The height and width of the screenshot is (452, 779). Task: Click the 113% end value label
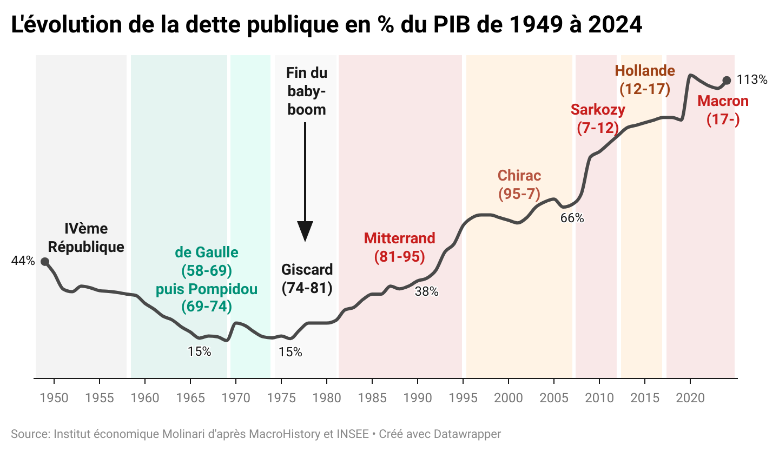[x=752, y=80]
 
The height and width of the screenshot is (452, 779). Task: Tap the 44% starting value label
[x=23, y=261]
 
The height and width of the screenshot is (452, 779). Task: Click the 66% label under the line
[x=572, y=218]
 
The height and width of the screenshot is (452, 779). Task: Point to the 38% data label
[x=426, y=292]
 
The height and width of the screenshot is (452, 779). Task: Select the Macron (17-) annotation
[x=723, y=110]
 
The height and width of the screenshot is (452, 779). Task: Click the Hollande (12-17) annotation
[x=645, y=80]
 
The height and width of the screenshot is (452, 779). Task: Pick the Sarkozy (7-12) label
[x=598, y=119]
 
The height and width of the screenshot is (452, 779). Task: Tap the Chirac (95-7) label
[x=519, y=185]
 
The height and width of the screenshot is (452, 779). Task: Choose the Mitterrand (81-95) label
[x=399, y=247]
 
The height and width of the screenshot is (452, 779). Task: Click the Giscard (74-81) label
[x=307, y=278]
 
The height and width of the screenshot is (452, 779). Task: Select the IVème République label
[x=86, y=238]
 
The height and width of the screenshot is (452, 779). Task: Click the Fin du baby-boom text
[x=307, y=91]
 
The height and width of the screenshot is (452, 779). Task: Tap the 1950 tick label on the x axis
[x=54, y=398]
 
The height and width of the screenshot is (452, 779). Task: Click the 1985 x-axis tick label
[x=372, y=398]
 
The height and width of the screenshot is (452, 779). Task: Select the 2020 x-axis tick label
[x=690, y=398]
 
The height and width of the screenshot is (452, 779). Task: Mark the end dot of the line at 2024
[x=727, y=81]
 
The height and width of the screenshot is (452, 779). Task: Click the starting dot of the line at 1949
[x=45, y=262]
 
